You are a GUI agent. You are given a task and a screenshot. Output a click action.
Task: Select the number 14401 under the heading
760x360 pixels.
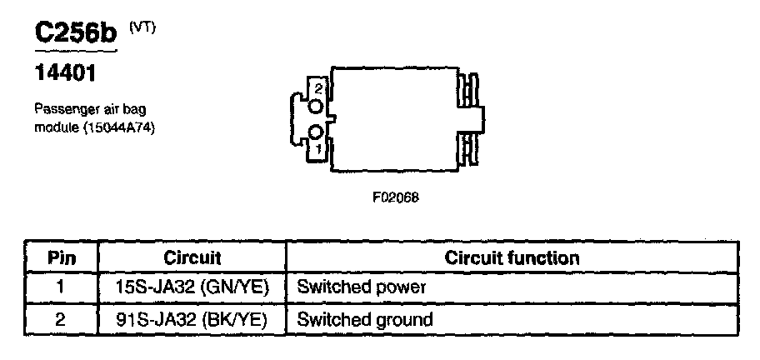(64, 74)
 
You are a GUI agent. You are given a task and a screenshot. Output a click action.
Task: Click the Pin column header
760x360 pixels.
(61, 257)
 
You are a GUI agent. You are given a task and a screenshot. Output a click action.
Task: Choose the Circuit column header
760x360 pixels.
(192, 257)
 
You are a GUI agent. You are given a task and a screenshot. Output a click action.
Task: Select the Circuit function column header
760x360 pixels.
(512, 257)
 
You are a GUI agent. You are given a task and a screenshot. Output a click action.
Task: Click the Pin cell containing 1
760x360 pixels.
(61, 288)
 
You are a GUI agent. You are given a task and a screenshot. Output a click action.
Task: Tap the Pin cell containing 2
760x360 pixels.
(61, 319)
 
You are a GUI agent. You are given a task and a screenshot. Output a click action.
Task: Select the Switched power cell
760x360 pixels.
(362, 288)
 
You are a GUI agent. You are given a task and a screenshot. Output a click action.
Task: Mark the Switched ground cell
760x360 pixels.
(365, 319)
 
